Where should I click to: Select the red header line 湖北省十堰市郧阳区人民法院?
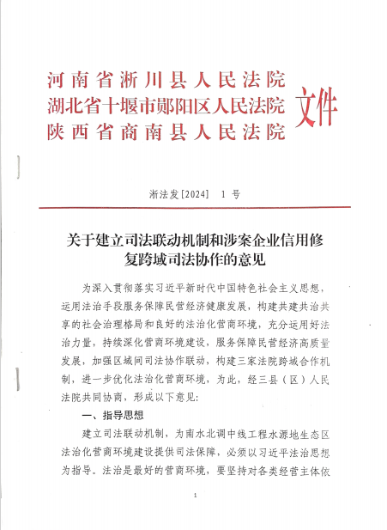coord(166,107)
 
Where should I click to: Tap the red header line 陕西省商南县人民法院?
coord(166,132)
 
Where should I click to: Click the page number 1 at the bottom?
coord(197,496)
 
